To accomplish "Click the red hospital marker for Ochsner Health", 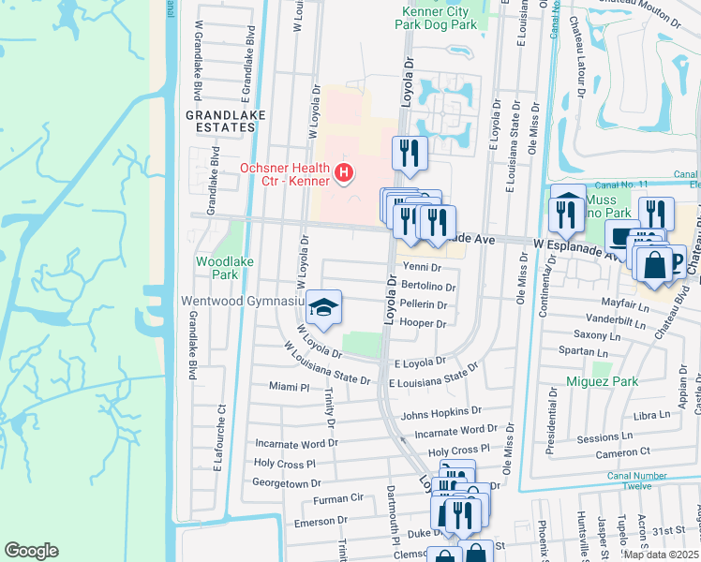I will [344, 173].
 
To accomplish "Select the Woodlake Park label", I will [217, 269].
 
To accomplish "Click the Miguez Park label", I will [602, 381].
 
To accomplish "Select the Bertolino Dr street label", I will [428, 287].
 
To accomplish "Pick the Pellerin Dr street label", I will [424, 304].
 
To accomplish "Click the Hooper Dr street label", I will [422, 323].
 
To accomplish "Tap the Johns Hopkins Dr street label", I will [440, 411].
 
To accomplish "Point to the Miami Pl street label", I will [289, 387].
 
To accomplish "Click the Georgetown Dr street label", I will [287, 483].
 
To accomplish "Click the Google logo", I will [31, 551].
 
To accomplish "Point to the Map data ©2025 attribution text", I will [662, 555].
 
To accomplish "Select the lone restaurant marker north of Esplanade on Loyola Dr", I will [410, 153].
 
